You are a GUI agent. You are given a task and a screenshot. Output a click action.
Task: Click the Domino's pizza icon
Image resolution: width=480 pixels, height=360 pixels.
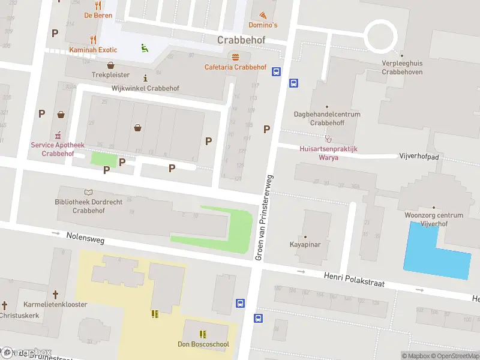(262, 14)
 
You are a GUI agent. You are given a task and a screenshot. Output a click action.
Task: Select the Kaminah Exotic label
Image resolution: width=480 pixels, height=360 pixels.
(93, 50)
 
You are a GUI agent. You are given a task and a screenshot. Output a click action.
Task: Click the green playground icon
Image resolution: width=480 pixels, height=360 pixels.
(144, 48)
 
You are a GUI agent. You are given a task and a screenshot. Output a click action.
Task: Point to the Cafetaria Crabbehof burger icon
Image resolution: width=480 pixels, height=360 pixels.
(235, 57)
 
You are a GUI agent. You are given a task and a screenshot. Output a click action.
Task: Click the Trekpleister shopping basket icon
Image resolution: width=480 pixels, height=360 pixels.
(110, 65)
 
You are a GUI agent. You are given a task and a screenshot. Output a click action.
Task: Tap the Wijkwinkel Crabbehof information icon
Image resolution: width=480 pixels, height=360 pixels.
(145, 78)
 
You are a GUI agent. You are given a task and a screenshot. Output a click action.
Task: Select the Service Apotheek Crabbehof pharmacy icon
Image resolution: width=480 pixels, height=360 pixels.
(58, 134)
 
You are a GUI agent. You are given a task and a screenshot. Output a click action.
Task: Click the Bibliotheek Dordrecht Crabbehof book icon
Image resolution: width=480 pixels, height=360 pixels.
(89, 192)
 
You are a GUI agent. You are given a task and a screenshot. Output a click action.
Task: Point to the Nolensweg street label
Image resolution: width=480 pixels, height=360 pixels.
(86, 240)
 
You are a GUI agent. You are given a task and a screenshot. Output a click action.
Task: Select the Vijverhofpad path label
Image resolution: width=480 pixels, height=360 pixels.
(419, 156)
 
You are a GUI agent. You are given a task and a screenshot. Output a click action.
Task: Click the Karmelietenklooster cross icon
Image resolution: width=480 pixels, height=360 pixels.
(55, 295)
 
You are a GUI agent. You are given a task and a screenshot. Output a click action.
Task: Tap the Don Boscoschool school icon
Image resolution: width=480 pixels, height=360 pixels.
(203, 334)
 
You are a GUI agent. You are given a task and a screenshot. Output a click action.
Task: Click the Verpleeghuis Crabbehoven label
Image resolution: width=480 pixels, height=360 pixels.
(402, 67)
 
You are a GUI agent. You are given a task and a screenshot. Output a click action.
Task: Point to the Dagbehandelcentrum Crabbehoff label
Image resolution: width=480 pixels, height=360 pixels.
(327, 118)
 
